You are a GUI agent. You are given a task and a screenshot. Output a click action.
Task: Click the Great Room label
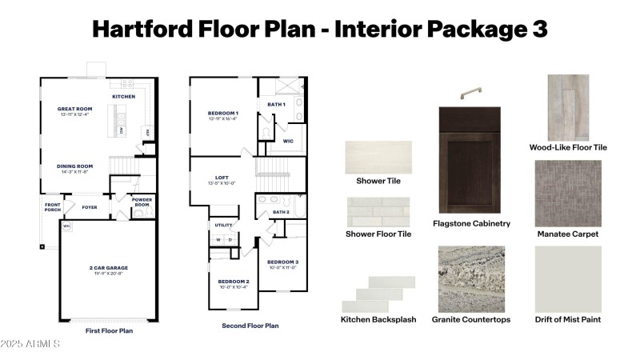[76, 109]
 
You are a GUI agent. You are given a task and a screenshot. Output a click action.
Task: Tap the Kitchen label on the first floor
[123, 97]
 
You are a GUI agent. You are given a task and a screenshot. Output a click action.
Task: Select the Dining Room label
[75, 166]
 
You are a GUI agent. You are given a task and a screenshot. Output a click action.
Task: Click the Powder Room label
[142, 202]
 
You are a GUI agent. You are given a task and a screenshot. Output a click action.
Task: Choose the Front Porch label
[53, 206]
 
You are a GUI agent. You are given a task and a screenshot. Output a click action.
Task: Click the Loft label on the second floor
[222, 178]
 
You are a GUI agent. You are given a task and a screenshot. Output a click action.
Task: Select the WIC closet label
[288, 141]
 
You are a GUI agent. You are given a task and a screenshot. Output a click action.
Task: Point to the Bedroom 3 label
[282, 262]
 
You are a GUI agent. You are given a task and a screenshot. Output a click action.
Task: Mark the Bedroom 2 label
[234, 282]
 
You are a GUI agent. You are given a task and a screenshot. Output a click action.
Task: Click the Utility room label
[223, 225]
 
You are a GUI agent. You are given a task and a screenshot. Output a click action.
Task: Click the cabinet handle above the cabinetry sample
[470, 95]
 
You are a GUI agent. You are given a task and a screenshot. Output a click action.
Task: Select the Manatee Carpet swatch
[568, 193]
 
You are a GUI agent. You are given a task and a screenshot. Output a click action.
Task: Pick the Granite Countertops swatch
[471, 278]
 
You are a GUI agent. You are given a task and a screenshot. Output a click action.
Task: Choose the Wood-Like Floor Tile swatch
[568, 107]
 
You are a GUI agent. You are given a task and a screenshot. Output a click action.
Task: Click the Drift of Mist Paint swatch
[568, 278]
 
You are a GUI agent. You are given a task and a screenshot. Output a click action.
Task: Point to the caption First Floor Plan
[109, 330]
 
